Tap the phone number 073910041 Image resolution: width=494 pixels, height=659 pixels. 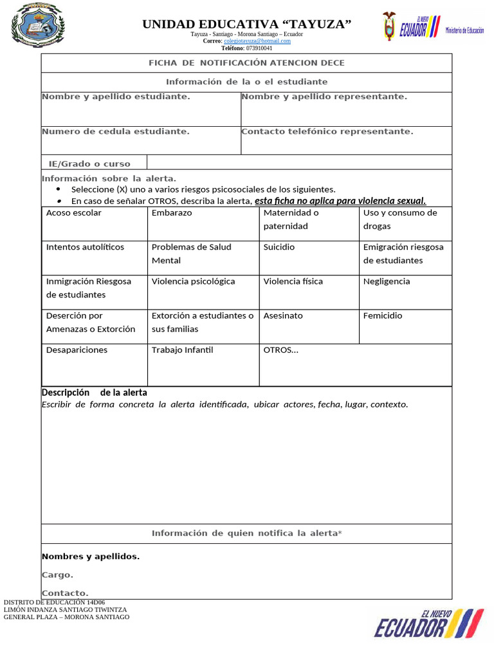259,48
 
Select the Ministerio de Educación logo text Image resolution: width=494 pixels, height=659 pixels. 464,30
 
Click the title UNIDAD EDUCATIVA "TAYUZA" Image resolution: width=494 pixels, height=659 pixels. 246,24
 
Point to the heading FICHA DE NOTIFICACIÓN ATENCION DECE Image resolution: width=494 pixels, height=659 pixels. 246,63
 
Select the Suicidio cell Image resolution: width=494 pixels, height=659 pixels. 309,257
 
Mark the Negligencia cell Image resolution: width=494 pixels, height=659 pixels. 405,292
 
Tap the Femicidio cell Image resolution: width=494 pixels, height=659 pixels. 405,326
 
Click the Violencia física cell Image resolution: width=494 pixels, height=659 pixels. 309,292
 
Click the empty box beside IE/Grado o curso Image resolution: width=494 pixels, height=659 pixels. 299,162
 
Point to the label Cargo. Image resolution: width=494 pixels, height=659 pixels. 58,575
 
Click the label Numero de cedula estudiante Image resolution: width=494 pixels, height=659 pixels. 116,131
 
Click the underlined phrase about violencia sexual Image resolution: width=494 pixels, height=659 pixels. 340,201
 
